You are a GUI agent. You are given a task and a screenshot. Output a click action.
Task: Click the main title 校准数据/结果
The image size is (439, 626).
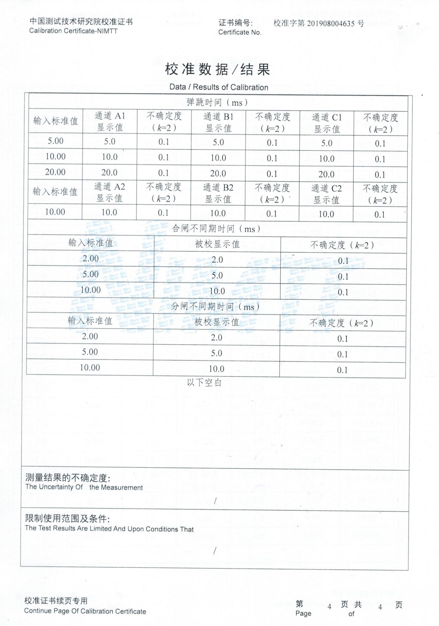pos(217,69)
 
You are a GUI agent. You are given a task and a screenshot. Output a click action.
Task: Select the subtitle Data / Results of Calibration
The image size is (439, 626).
pos(219,87)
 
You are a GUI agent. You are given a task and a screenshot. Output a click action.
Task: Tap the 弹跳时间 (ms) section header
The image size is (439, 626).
pos(217,102)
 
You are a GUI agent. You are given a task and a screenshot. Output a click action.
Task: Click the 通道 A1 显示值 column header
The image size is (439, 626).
pos(110,122)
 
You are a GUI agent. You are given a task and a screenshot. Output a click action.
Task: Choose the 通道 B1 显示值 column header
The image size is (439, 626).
pos(218,122)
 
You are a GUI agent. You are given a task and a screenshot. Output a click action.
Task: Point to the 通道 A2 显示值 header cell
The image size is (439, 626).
pos(109,192)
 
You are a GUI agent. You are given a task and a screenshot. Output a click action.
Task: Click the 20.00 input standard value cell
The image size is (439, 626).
pos(55,172)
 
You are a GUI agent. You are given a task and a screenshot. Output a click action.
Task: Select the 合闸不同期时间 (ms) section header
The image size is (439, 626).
pos(216,229)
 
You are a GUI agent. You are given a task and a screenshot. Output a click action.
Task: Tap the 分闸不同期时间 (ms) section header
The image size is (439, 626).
pos(215,307)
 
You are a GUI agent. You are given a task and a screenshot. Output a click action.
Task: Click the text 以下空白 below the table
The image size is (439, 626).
pos(204,382)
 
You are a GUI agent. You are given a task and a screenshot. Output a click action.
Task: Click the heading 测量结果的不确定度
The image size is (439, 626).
pos(68,478)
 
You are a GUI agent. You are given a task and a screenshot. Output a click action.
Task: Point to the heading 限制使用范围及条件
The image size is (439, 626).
pos(67,519)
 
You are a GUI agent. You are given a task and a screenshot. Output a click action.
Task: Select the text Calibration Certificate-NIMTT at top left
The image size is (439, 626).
pos(73,31)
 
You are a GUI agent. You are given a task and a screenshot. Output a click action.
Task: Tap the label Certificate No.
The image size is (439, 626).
pos(240,32)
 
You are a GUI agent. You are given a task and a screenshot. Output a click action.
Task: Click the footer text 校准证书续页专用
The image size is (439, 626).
pos(56,601)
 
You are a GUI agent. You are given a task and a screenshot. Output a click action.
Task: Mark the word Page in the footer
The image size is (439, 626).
pos(303,613)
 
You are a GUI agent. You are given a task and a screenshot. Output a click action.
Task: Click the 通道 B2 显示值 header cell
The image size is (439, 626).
pos(218,193)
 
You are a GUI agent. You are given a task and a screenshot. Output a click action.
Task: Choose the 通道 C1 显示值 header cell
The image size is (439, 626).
pos(327,123)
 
